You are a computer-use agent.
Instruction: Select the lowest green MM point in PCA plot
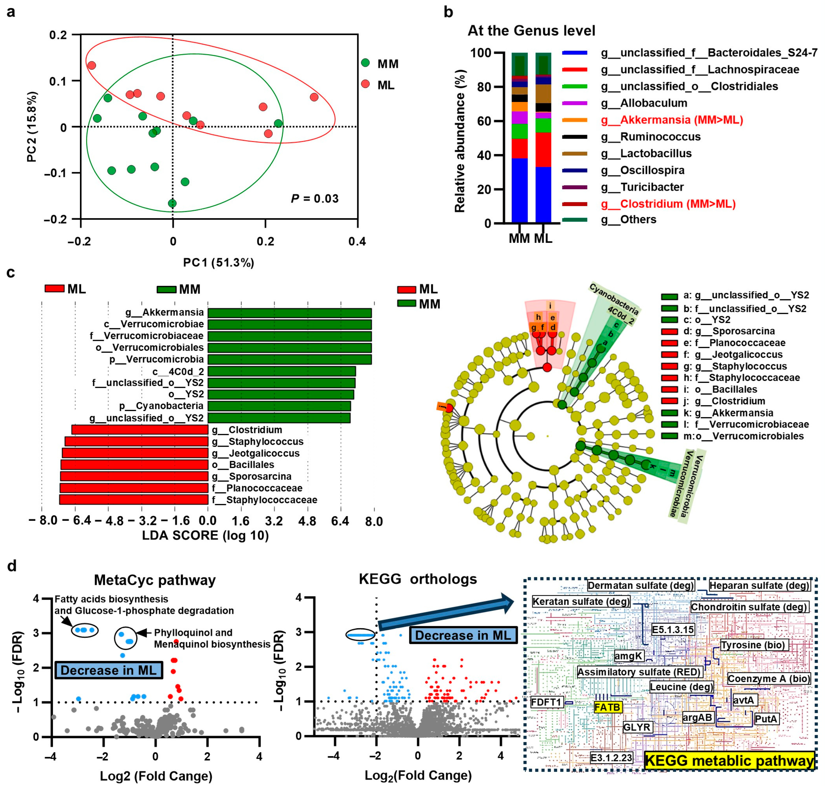tap(172, 203)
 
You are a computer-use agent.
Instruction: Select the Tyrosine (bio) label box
tap(753, 645)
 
